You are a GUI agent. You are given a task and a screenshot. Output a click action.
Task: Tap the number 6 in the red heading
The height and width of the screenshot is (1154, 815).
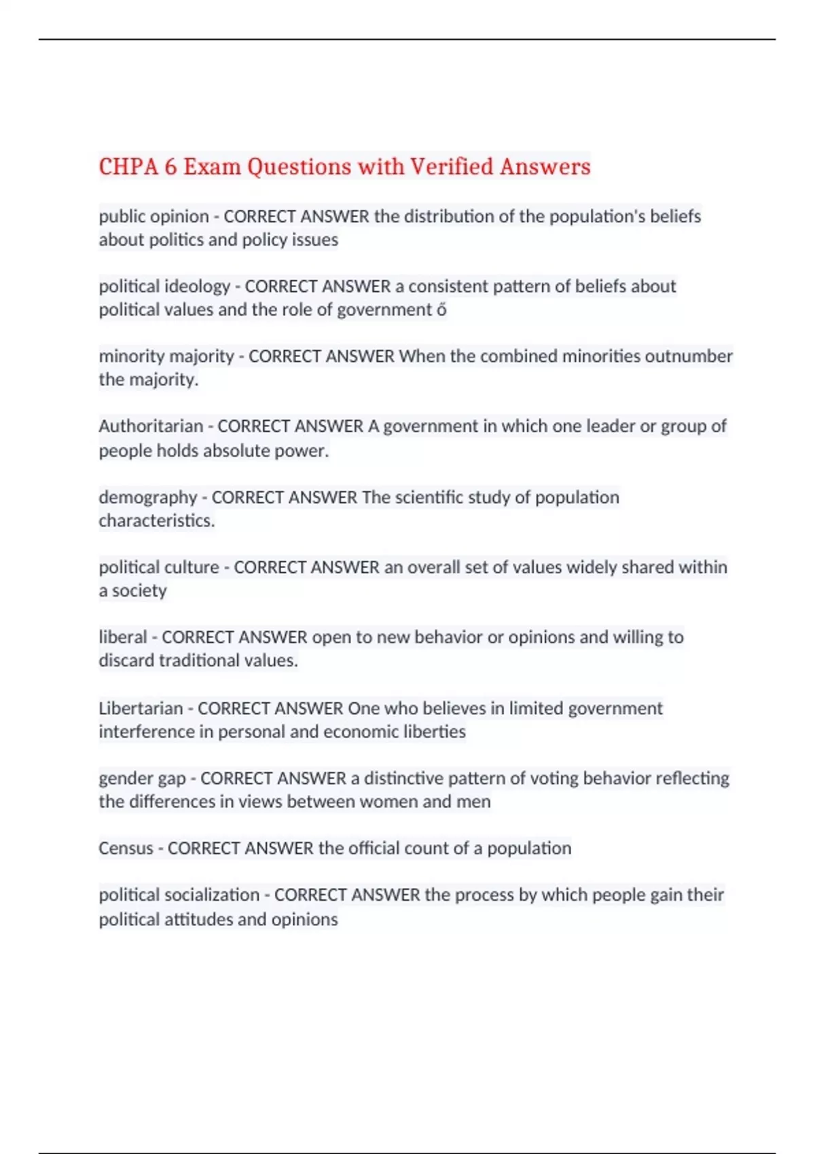tap(170, 166)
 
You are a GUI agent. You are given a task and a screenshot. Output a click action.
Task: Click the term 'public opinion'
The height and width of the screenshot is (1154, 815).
tap(153, 217)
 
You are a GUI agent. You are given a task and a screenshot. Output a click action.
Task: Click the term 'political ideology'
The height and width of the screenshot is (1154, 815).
tap(164, 286)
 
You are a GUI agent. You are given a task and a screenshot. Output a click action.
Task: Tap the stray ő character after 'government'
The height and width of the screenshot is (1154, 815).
tap(441, 310)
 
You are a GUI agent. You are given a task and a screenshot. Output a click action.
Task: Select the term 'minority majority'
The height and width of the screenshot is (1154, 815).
tap(166, 356)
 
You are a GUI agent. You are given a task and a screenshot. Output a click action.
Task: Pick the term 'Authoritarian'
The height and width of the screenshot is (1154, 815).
tap(151, 426)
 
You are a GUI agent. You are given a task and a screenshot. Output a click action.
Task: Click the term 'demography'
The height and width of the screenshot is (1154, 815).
tap(147, 498)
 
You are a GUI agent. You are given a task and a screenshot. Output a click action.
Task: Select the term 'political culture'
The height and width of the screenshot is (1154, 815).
tap(159, 567)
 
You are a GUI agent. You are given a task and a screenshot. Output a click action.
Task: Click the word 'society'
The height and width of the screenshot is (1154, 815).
tap(139, 591)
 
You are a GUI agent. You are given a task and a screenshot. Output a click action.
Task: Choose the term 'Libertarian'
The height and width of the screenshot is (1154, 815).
tap(141, 709)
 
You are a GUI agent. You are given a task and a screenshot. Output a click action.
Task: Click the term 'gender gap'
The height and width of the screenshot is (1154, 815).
tap(142, 779)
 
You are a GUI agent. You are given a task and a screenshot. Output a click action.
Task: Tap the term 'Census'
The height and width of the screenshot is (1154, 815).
tap(126, 849)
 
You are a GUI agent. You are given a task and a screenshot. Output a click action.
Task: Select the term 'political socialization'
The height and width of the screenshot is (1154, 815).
tap(179, 895)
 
